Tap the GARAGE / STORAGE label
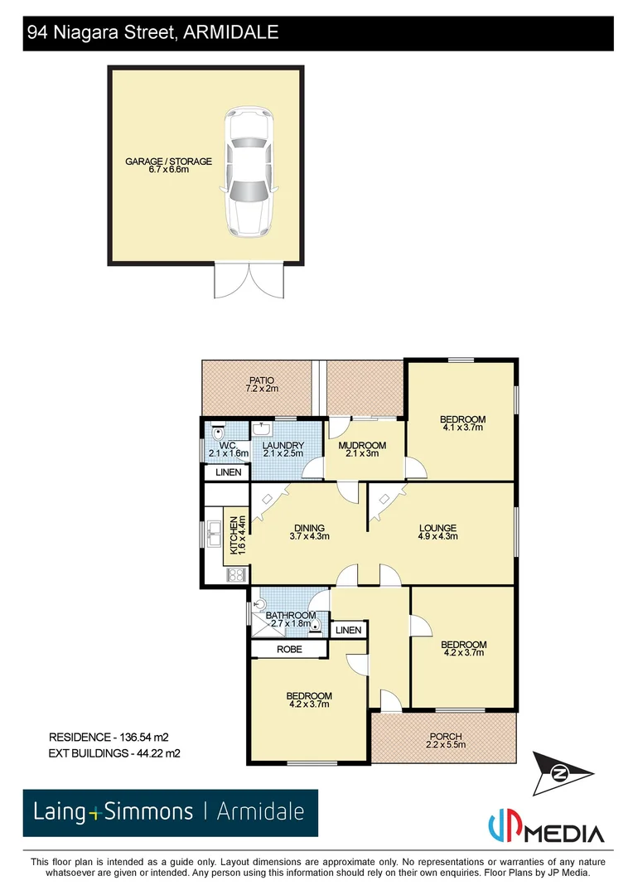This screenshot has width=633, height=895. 168,165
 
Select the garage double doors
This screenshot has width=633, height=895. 249,280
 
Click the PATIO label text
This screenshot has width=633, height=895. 260,384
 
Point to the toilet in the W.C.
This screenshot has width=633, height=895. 219,431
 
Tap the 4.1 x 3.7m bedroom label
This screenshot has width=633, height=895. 462,423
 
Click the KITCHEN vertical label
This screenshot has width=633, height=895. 237,535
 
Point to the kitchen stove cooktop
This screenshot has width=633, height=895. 235,573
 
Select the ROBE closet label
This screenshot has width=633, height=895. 288,649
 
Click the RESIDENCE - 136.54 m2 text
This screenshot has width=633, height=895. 114,737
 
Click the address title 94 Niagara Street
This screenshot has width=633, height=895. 152,32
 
